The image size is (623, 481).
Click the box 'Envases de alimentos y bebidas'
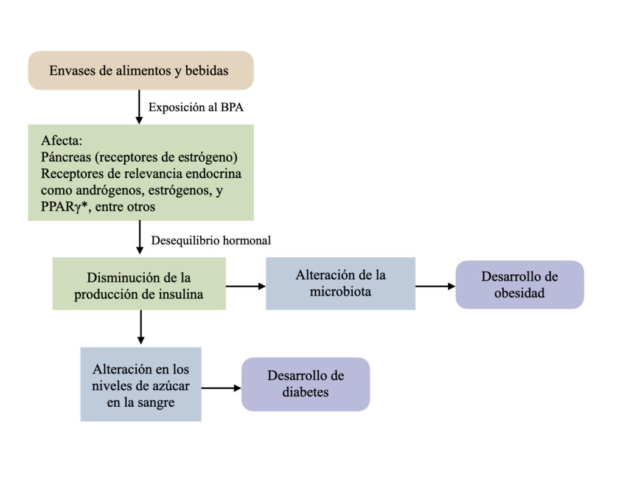(x=141, y=71)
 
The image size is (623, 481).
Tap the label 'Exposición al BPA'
(x=196, y=107)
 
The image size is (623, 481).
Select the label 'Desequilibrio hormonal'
(x=211, y=240)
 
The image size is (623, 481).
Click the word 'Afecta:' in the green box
(x=61, y=140)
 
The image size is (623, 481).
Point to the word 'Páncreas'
(x=66, y=157)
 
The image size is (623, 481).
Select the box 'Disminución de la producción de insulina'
(x=139, y=283)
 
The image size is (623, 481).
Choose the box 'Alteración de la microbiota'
(x=341, y=283)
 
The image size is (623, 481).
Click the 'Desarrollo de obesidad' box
(x=520, y=285)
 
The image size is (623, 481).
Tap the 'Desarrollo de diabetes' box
(x=305, y=384)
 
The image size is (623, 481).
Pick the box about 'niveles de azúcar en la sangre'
(x=141, y=384)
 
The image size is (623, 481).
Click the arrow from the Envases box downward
(x=139, y=107)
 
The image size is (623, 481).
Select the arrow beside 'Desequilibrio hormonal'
(x=139, y=237)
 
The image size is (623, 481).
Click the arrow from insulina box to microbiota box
(x=246, y=286)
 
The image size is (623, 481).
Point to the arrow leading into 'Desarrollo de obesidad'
(x=436, y=286)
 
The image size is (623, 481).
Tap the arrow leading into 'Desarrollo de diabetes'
(x=221, y=388)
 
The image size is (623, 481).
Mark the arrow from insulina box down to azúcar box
(x=141, y=327)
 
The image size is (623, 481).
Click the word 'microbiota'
(x=341, y=291)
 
